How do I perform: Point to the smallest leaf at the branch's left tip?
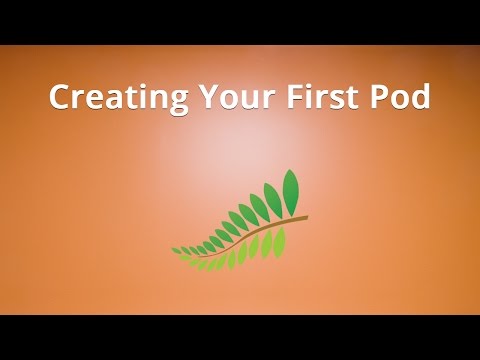pyautogui.click(x=177, y=248)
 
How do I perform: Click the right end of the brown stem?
pyautogui.click(x=305, y=217)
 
